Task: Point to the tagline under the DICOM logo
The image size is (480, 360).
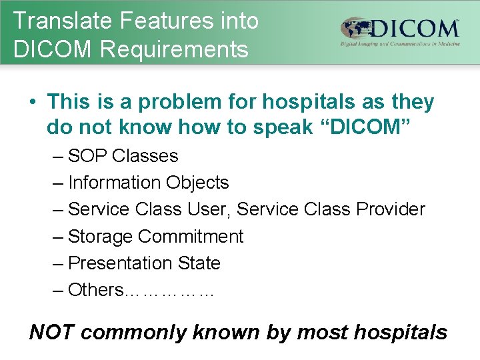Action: tap(400, 45)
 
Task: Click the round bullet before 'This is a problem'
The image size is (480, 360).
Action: tap(32, 103)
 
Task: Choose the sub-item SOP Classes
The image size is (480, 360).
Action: tap(123, 156)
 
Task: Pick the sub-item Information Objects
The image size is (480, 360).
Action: tap(148, 183)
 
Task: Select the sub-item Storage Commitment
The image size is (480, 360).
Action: tap(155, 237)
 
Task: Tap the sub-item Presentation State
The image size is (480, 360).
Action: tap(144, 263)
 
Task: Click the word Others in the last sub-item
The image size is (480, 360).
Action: tap(95, 290)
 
